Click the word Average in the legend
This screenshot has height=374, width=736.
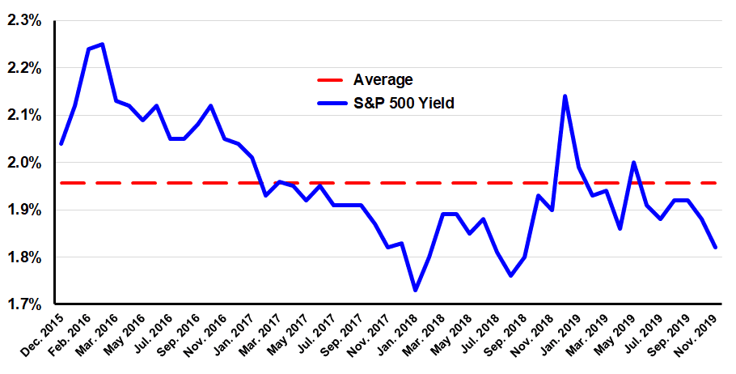click(x=383, y=79)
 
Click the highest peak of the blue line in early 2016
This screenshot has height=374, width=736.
click(x=102, y=44)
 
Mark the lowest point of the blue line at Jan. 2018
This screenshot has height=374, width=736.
click(x=415, y=290)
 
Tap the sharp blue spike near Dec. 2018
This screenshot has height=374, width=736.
click(x=565, y=96)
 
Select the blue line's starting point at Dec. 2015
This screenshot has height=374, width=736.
click(x=61, y=143)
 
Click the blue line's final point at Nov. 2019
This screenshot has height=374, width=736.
click(x=715, y=248)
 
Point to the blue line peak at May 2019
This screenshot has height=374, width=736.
click(x=633, y=163)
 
